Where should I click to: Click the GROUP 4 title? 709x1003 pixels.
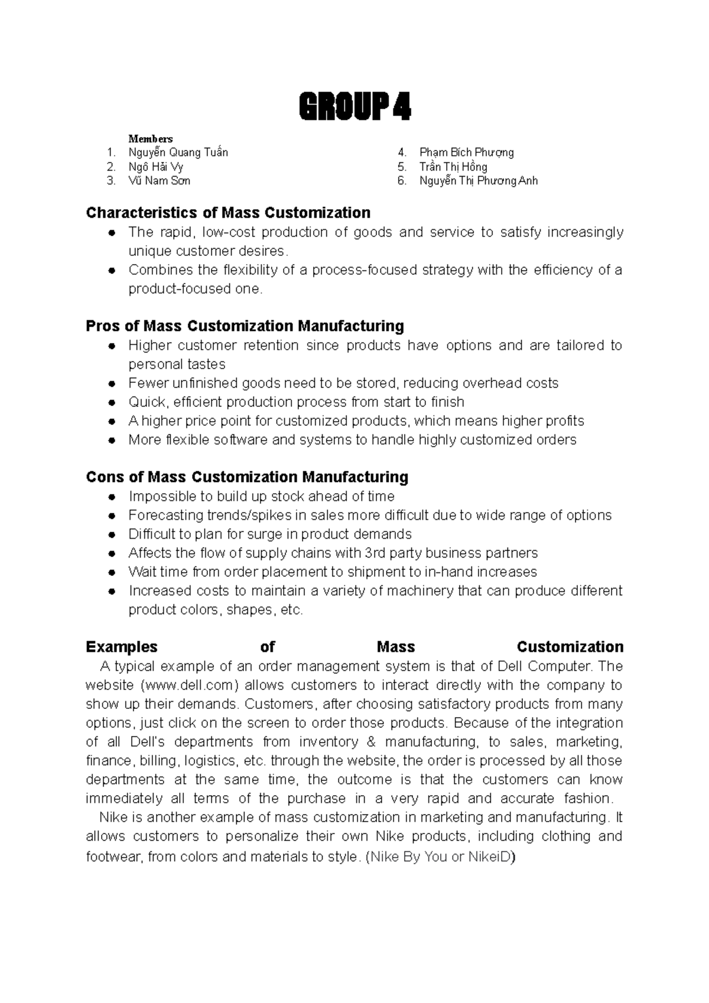coord(354,108)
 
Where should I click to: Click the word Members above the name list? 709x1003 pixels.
coord(151,139)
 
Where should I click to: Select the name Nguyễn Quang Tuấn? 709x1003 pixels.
coord(178,152)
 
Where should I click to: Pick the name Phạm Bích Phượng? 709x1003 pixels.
coord(466,152)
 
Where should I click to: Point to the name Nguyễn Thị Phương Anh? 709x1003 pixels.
coord(478,181)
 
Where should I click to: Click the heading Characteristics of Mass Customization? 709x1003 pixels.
coord(228,213)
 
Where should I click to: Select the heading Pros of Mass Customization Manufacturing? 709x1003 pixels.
coord(245,326)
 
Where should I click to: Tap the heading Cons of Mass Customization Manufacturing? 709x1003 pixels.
coord(247,477)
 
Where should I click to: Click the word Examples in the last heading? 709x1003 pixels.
coord(122,647)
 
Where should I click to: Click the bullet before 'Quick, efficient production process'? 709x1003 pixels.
coord(111,403)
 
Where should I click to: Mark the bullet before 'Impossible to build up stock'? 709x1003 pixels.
coord(111,497)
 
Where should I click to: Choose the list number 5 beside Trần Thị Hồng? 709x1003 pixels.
coord(402,167)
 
